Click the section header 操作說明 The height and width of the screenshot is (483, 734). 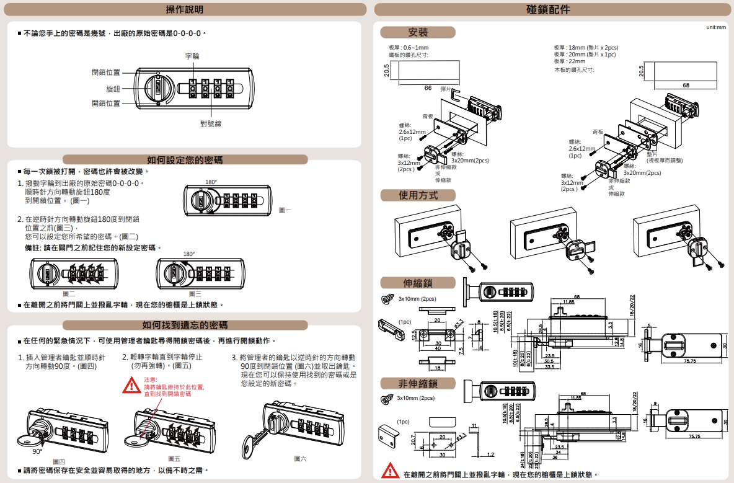click(x=184, y=9)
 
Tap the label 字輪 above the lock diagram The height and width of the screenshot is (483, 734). click(x=192, y=56)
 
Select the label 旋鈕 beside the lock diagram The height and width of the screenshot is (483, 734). click(x=113, y=89)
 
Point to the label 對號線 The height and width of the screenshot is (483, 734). click(x=211, y=124)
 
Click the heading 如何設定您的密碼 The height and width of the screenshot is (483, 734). click(x=184, y=160)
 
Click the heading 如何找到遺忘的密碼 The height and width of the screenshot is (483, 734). click(x=184, y=325)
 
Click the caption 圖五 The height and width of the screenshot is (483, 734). click(x=174, y=459)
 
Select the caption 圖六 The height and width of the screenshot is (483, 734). click(x=300, y=459)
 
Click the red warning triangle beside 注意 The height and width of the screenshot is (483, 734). click(x=131, y=386)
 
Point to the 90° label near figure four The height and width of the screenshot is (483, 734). click(x=37, y=451)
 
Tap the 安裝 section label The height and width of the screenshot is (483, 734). click(x=418, y=32)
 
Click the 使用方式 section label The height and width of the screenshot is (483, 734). click(x=418, y=195)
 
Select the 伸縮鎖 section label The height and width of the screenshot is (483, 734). click(x=418, y=283)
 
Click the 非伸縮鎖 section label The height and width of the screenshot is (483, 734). click(x=418, y=383)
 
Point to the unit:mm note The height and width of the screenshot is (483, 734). click(x=715, y=27)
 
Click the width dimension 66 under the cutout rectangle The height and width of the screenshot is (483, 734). click(x=428, y=88)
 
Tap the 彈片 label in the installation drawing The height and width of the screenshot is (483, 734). click(x=446, y=89)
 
